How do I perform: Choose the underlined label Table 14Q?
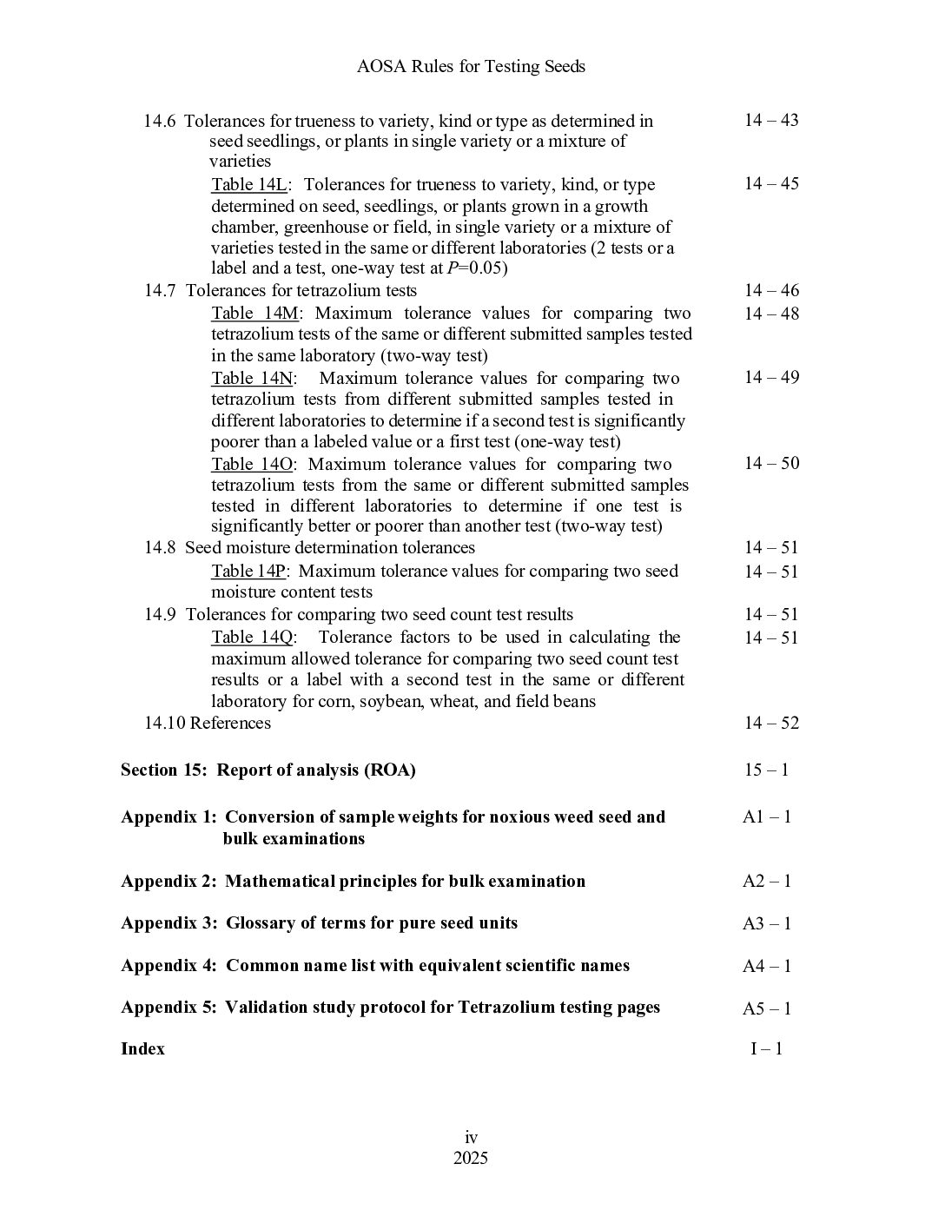pyautogui.click(x=253, y=638)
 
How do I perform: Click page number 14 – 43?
pyautogui.click(x=770, y=120)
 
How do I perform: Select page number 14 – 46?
pyautogui.click(x=770, y=290)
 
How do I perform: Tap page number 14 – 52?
pyautogui.click(x=770, y=723)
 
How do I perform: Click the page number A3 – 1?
pyautogui.click(x=766, y=923)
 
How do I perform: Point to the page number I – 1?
pyautogui.click(x=766, y=1048)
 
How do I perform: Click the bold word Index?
pyautogui.click(x=142, y=1048)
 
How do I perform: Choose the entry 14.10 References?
pyautogui.click(x=208, y=723)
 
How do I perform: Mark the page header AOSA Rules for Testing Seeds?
pyautogui.click(x=471, y=66)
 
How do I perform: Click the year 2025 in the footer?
pyautogui.click(x=471, y=1159)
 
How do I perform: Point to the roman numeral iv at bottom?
pyautogui.click(x=471, y=1138)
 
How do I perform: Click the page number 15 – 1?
pyautogui.click(x=766, y=770)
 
